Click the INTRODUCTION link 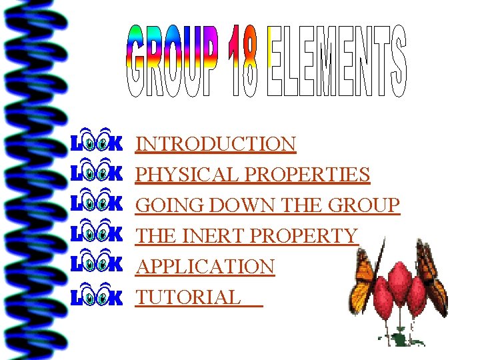tap(216, 144)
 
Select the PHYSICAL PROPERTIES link tap(253, 175)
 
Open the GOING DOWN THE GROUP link tap(268, 205)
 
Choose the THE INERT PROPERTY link tap(247, 236)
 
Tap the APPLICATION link tap(205, 267)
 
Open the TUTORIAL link tap(189, 297)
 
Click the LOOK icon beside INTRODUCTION tap(97, 142)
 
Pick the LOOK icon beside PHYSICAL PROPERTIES tap(97, 173)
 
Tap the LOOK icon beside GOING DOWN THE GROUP tap(97, 203)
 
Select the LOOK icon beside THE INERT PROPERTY tap(97, 234)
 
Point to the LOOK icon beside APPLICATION tap(97, 265)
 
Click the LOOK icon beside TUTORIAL tap(97, 295)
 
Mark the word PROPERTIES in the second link tap(308, 175)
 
